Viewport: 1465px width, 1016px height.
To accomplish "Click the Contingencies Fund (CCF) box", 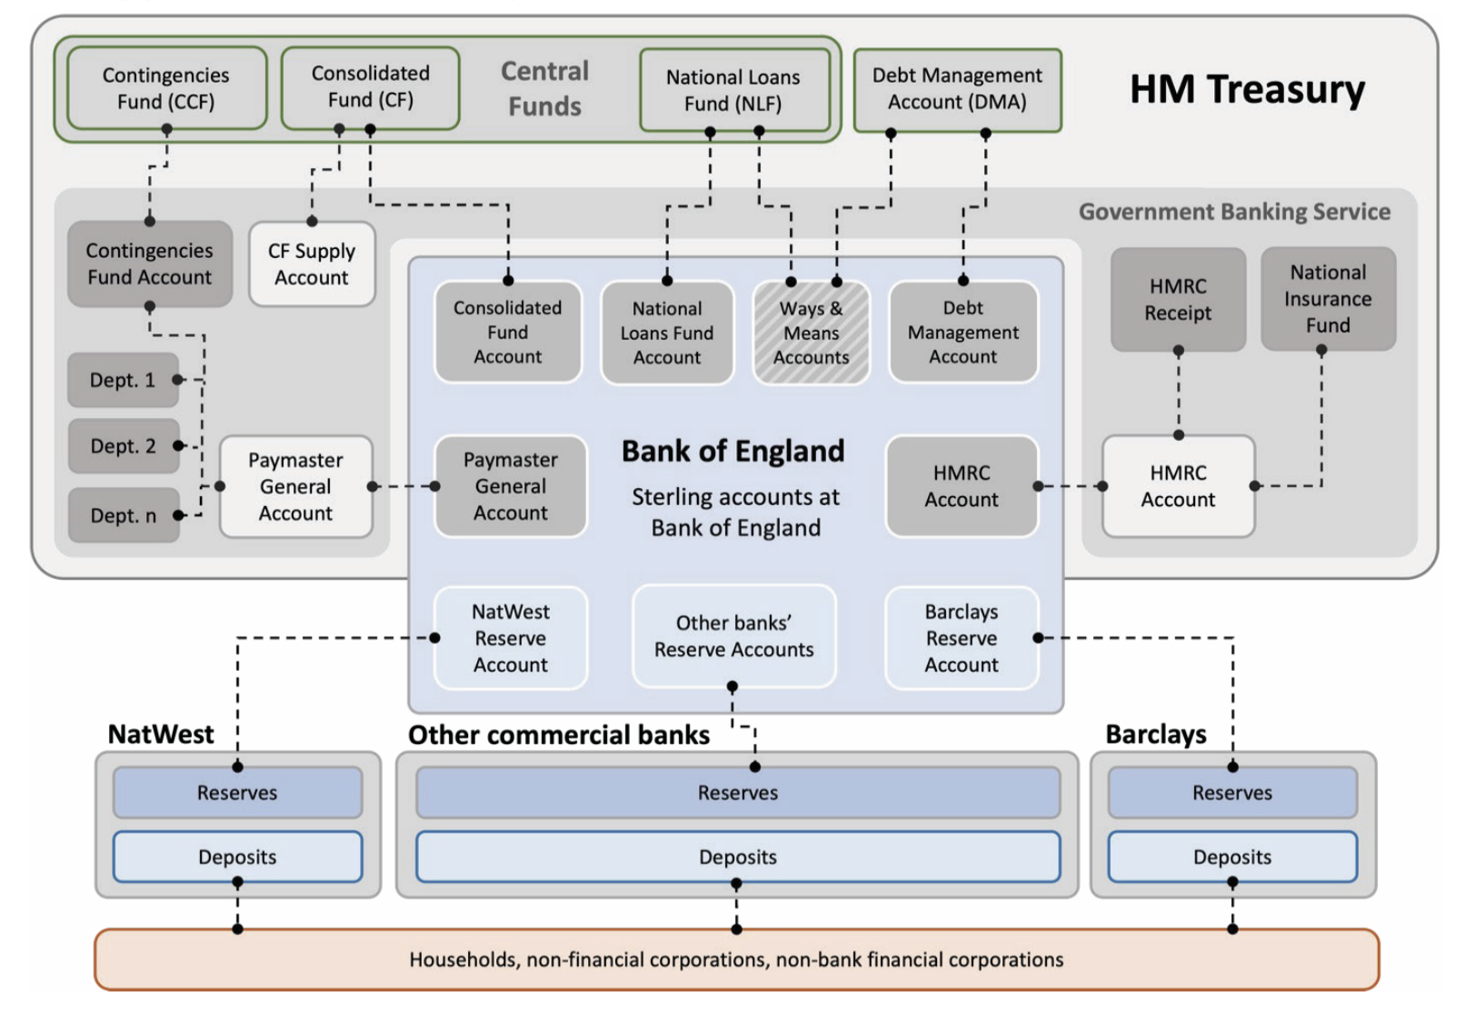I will click(x=166, y=88).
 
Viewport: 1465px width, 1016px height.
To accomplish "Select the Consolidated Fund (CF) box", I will click(x=370, y=86).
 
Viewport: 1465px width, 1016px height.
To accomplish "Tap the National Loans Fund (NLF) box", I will click(x=733, y=90).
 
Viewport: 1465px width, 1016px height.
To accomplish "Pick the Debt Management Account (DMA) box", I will click(x=957, y=89).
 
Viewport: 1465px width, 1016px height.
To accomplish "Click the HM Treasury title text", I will click(x=1247, y=90).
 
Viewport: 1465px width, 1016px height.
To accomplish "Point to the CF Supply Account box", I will click(x=312, y=264).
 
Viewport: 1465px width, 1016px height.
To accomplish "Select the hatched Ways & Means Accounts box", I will click(x=811, y=333).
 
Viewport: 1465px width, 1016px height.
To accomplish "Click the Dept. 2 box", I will click(x=124, y=446).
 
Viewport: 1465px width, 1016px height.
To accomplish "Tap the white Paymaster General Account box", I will click(x=295, y=486).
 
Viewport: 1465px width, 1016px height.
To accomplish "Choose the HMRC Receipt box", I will click(x=1178, y=299).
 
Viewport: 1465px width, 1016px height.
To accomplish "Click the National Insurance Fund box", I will click(x=1328, y=298).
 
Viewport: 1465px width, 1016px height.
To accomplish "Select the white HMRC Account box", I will click(x=1178, y=486).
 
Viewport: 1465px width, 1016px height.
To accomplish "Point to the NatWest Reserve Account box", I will click(x=511, y=638).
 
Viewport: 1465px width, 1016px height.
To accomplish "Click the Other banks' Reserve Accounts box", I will click(x=733, y=636).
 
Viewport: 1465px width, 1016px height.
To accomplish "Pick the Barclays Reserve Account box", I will click(x=961, y=638).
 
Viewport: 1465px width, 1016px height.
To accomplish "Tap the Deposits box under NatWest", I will click(x=237, y=856).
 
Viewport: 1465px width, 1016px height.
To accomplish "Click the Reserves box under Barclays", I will click(x=1231, y=792).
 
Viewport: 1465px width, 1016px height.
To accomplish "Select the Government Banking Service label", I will click(x=1233, y=212).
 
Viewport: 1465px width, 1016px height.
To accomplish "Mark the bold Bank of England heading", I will click(x=732, y=451).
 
